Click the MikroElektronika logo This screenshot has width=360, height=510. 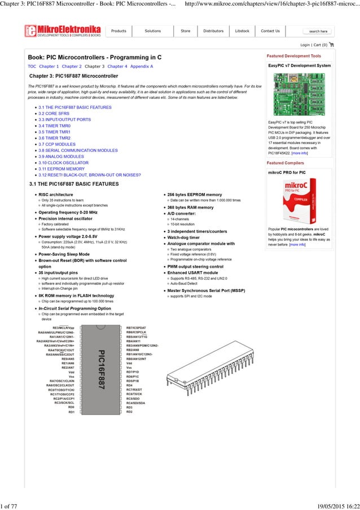click(63, 32)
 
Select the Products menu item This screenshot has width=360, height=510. click(118, 31)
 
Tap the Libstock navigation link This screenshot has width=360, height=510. click(242, 31)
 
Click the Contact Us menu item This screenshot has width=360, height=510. click(270, 31)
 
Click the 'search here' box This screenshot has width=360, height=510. click(318, 32)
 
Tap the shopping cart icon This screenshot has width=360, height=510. click(331, 45)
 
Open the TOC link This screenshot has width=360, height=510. click(32, 66)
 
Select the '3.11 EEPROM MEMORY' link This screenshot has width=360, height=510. click(62, 169)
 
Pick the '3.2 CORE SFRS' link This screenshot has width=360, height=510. click(54, 113)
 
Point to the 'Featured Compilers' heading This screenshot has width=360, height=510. click(286, 163)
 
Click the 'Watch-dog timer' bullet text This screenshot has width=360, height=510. click(184, 237)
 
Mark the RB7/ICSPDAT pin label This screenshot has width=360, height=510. click(136, 328)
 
